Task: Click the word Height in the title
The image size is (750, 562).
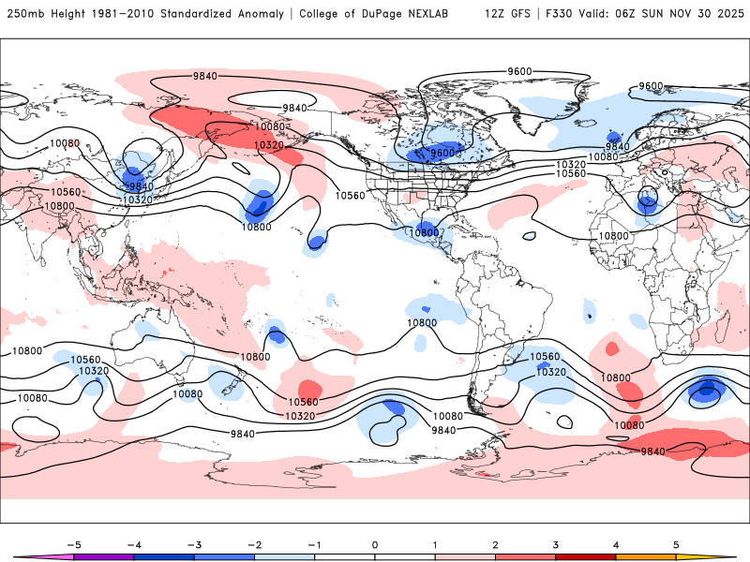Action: (x=69, y=15)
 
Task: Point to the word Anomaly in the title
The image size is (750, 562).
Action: (x=277, y=15)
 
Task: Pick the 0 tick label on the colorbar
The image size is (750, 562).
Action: (x=375, y=543)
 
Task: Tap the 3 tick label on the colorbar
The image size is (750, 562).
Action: (x=556, y=543)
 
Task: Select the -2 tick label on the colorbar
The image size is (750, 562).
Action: (x=254, y=543)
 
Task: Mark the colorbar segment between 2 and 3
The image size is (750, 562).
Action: (x=526, y=556)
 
